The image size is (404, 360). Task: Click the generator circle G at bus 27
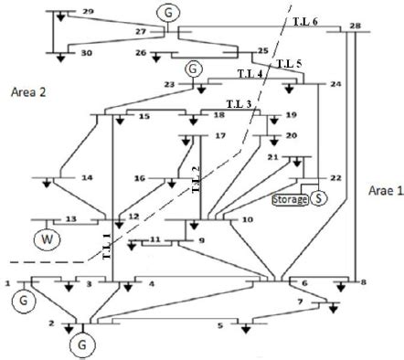(168, 12)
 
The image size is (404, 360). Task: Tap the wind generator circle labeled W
(44, 240)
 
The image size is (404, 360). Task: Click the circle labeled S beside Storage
(318, 196)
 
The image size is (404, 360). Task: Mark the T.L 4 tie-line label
(250, 72)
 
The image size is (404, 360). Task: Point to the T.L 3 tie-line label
(237, 104)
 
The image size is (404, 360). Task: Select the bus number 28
(355, 25)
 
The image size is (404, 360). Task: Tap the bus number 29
(88, 11)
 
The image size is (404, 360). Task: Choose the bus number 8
(364, 283)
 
